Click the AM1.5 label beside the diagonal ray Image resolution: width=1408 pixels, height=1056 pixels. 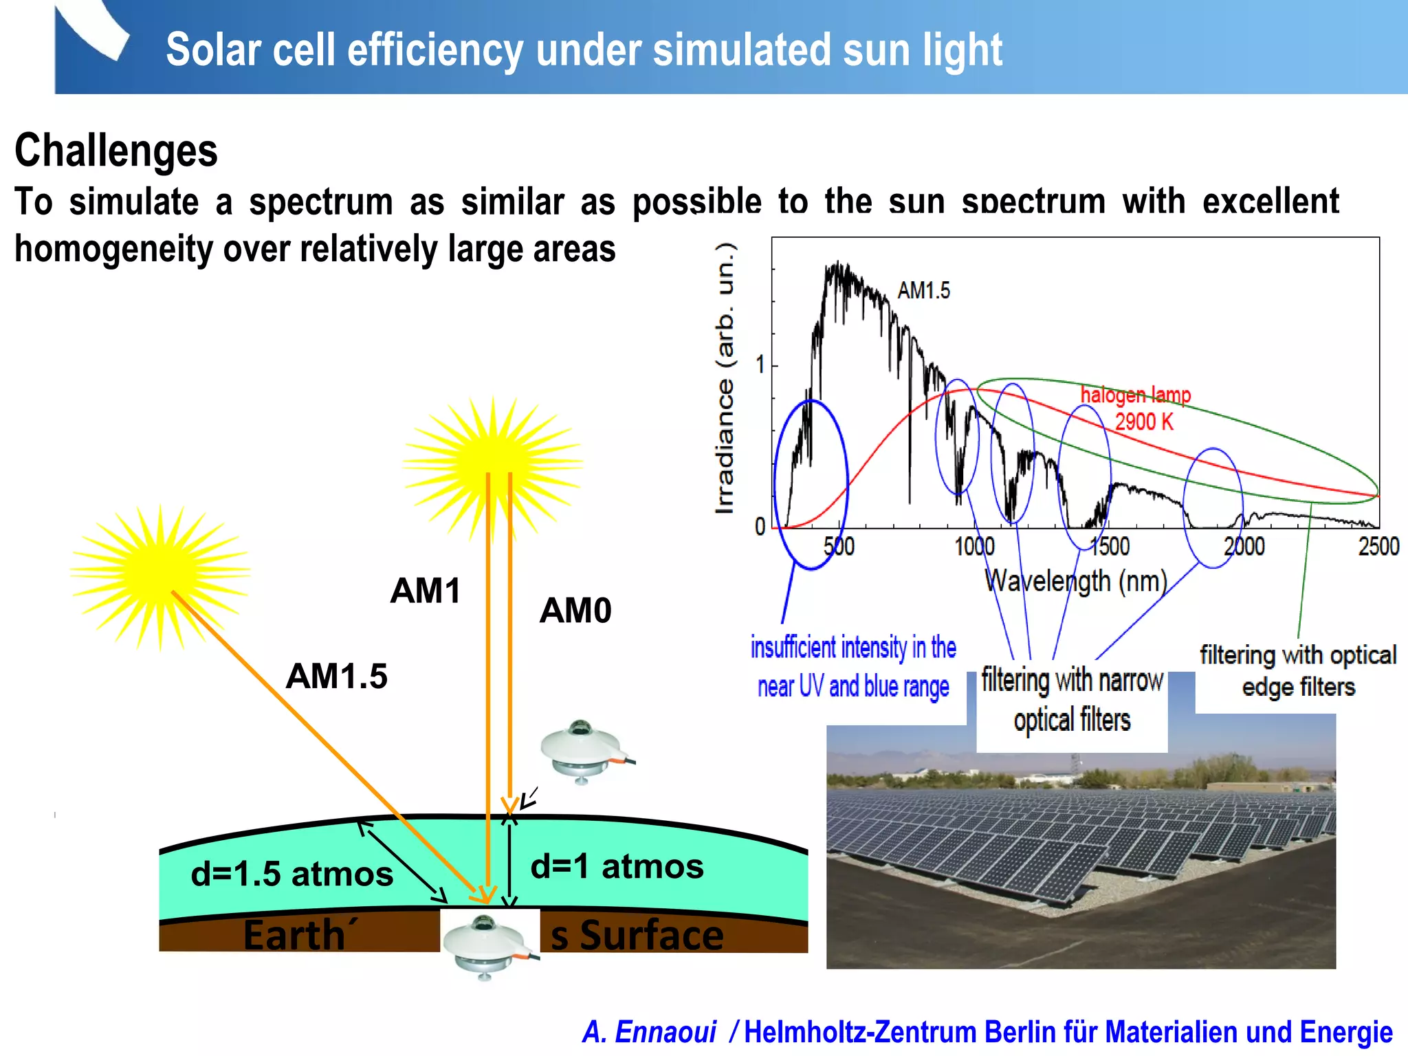pyautogui.click(x=336, y=676)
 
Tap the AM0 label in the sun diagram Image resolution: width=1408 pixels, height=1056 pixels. pyautogui.click(x=575, y=610)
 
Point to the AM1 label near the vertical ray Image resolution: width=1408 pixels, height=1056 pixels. pyautogui.click(x=425, y=591)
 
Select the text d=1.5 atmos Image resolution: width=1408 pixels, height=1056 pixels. pyautogui.click(x=291, y=874)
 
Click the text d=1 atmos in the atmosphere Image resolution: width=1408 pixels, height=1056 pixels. pyautogui.click(x=617, y=866)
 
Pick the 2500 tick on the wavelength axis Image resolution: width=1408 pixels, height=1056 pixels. pyautogui.click(x=1378, y=547)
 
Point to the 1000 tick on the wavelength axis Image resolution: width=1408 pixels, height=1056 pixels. pyautogui.click(x=974, y=547)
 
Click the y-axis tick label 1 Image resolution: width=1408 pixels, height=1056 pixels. pyautogui.click(x=760, y=364)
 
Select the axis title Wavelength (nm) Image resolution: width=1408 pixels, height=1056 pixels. pyautogui.click(x=1075, y=581)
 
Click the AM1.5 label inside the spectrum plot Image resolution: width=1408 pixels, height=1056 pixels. pyautogui.click(x=923, y=290)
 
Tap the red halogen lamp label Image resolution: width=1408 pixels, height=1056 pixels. pyautogui.click(x=1135, y=395)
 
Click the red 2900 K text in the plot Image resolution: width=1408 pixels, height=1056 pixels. pyautogui.click(x=1143, y=421)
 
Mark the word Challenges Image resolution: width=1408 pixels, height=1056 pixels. pyautogui.click(x=115, y=151)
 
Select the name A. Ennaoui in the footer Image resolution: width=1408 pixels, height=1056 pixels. pyautogui.click(x=649, y=1031)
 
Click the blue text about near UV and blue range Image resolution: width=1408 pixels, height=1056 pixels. pyautogui.click(x=853, y=667)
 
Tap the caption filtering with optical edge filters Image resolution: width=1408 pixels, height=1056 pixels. pyautogui.click(x=1298, y=670)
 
